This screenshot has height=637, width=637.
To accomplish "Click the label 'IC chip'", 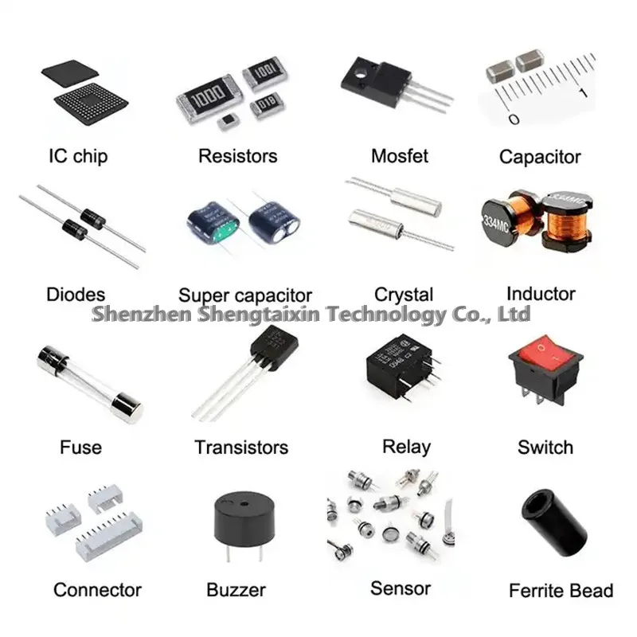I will point(77,156).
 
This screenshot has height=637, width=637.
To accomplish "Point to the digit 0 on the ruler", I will point(514,119).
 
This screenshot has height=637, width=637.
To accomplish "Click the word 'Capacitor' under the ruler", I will point(540,157).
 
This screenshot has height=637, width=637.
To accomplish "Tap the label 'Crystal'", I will point(404,295).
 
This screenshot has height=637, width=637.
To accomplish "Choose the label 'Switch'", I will point(545,447).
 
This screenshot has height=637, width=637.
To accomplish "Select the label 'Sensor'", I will point(400,588).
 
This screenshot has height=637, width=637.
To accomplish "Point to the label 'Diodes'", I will point(76,295).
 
